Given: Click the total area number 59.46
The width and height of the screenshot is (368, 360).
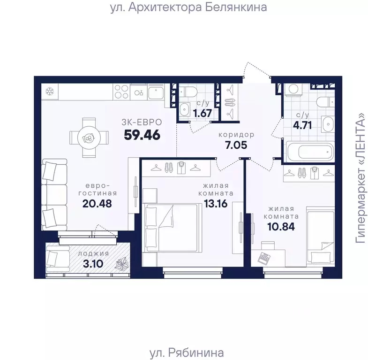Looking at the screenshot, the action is pos(142,135).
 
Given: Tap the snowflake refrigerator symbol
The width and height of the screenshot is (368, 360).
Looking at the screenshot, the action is pos(50,92).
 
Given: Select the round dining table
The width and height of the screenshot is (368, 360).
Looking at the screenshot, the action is pos(89,138).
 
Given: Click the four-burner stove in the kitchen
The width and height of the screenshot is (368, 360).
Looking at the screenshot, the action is pos(121,92).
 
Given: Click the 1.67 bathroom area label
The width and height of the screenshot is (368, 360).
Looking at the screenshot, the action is pos(203,113).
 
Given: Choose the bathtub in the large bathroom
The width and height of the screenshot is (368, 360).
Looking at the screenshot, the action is pos(309,152).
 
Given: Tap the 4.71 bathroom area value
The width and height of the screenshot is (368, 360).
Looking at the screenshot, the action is pos(302,125).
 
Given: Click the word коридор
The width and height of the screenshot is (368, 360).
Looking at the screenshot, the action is pos(236,135).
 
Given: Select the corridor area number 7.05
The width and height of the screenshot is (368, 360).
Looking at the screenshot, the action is pos(236,145).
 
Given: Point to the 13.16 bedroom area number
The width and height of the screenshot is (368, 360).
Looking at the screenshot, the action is pos(216,204).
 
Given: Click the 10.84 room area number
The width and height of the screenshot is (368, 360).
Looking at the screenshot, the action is pos(281,227).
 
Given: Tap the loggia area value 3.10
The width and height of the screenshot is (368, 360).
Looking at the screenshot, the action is pos(93,264).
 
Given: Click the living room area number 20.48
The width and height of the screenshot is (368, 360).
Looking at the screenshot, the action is pos(97,204).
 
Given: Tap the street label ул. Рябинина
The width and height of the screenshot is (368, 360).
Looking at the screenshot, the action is pos(187,352).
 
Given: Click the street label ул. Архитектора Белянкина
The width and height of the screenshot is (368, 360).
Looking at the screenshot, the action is pos(188,8).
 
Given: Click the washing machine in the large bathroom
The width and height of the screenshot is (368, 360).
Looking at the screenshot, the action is pos(293,90).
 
